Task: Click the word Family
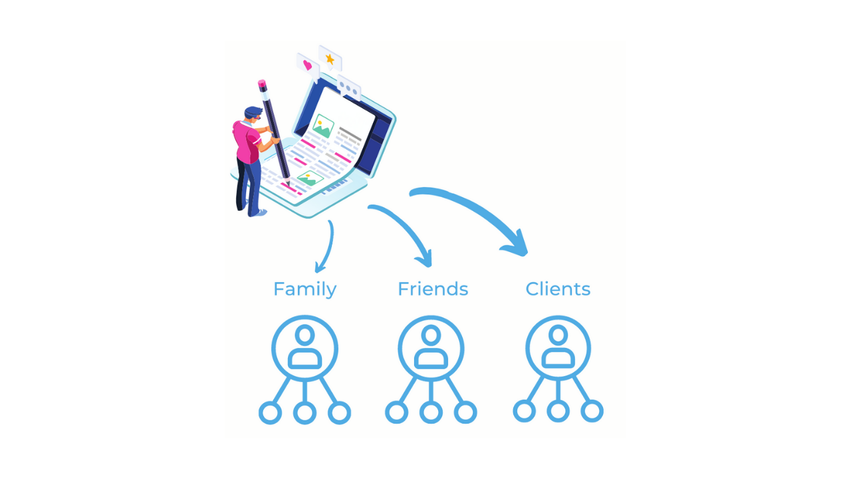pos(304,289)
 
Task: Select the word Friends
pos(433,289)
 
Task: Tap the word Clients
pos(558,289)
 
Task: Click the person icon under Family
pos(304,348)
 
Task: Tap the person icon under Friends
pos(431,348)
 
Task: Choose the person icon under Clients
pos(558,348)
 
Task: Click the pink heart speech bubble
pos(307,65)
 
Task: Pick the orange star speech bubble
pos(330,59)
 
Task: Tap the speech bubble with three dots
pos(348,88)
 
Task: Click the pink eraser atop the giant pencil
pos(262,85)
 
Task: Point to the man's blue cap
pos(253,111)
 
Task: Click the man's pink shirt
pos(247,142)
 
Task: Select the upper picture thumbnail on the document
pos(323,126)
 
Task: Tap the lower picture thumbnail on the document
pos(309,178)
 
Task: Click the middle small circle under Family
pos(304,413)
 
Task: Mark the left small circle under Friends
pos(397,412)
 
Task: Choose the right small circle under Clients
pos(592,411)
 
